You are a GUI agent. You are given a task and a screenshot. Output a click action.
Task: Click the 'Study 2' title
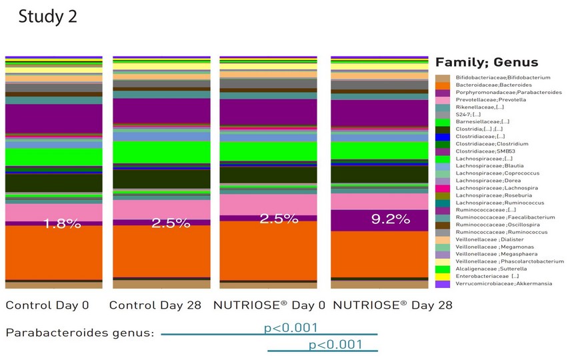47,17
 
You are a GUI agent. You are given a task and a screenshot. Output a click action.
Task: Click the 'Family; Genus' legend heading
486,63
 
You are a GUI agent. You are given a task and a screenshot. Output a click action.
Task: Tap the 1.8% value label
62,224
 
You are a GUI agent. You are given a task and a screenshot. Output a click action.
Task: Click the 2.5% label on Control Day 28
171,223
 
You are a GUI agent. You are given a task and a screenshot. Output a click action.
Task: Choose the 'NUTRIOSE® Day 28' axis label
392,305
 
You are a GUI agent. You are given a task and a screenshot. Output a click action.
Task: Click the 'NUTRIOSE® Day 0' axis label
269,305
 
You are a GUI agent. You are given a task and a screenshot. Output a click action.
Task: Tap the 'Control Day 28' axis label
155,305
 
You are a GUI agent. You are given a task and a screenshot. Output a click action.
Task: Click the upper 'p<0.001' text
291,327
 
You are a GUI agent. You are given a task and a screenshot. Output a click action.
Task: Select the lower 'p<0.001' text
335,344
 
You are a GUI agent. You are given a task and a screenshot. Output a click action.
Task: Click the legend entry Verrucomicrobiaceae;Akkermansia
503,284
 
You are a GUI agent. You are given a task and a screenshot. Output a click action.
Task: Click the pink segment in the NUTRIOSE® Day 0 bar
269,204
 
